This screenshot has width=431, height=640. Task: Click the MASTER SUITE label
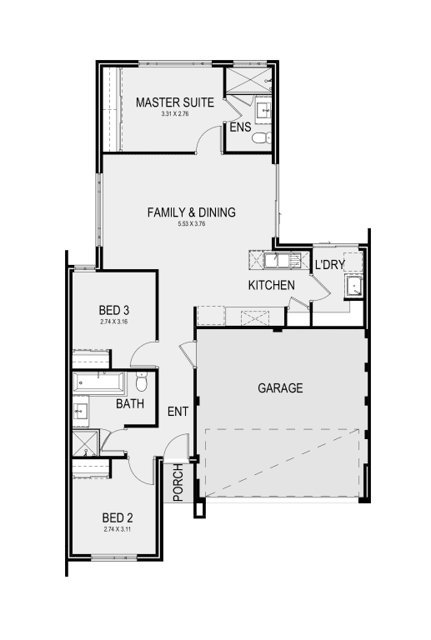(175, 102)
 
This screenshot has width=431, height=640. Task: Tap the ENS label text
(240, 127)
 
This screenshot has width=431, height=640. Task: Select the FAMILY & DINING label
(192, 212)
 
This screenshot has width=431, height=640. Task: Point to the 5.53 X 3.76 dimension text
(192, 224)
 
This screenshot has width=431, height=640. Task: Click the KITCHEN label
(271, 286)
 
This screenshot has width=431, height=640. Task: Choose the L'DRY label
(329, 265)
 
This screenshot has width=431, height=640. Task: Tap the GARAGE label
(280, 388)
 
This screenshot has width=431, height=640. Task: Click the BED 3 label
(114, 310)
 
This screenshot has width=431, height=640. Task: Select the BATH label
(129, 404)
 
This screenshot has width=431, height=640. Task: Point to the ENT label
(178, 411)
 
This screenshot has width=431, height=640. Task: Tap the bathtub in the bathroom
(98, 384)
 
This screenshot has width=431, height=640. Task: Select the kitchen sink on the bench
(278, 260)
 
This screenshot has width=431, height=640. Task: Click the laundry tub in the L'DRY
(353, 287)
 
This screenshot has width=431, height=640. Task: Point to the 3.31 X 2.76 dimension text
(175, 113)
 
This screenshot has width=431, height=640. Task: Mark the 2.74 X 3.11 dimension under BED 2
(117, 528)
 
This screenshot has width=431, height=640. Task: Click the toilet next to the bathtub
(140, 383)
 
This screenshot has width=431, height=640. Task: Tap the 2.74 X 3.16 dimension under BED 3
(114, 321)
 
